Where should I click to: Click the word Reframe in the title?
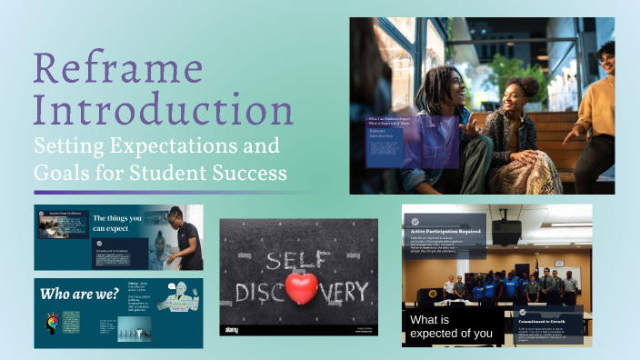[119, 69]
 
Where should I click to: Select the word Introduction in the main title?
[163, 111]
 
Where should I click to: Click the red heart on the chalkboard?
[300, 288]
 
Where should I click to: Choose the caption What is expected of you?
[452, 326]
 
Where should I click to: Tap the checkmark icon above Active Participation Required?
[415, 221]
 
